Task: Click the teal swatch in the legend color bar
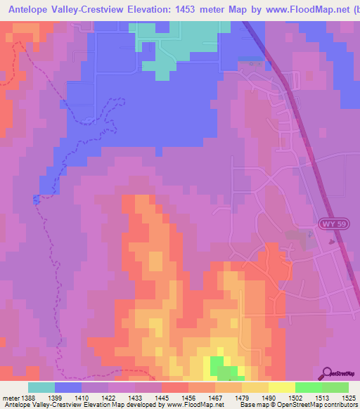click(x=41, y=387)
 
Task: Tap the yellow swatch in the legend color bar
click(x=282, y=387)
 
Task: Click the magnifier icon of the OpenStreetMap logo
click(x=326, y=374)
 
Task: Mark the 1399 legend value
click(x=54, y=397)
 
